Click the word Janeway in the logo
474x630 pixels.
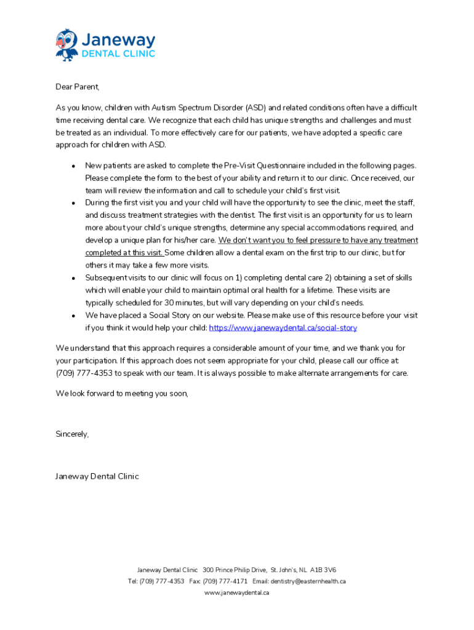[x=119, y=41]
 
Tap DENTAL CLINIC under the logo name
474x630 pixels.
[x=119, y=54]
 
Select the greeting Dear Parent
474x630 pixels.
[x=78, y=87]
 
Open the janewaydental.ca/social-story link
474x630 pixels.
[x=283, y=328]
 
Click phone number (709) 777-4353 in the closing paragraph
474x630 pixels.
[x=85, y=373]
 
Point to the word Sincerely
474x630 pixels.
[x=72, y=434]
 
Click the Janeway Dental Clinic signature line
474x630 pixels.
[x=97, y=476]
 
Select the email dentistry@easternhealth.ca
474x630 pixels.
[x=308, y=581]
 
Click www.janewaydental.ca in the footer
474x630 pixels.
[x=237, y=593]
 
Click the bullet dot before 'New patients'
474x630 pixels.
[x=73, y=166]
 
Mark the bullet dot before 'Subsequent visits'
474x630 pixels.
[x=73, y=279]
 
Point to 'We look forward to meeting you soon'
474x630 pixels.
[x=122, y=394]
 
